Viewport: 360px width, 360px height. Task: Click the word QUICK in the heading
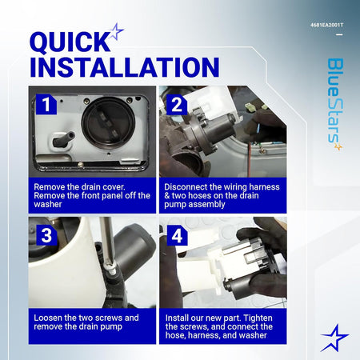coord(70,42)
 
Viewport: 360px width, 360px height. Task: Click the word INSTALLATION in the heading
coord(125,67)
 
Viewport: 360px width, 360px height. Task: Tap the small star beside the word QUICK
coord(117,32)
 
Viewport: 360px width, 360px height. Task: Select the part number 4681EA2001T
coord(327,25)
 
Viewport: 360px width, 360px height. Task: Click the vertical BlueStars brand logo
coord(335,104)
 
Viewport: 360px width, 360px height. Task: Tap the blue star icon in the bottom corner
coord(334,338)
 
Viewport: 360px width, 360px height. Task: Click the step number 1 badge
coord(46,104)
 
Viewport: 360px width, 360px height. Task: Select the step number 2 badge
coord(177,105)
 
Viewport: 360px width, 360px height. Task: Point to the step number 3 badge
coord(46,235)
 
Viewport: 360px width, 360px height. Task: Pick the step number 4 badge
coord(177,235)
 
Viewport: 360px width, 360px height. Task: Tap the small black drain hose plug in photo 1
coord(63,138)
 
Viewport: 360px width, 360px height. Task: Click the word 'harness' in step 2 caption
coord(264,187)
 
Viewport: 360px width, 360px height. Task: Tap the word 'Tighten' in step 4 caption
coord(258,318)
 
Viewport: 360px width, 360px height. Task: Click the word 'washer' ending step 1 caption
coord(48,205)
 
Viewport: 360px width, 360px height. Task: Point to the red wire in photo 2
coord(249,159)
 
